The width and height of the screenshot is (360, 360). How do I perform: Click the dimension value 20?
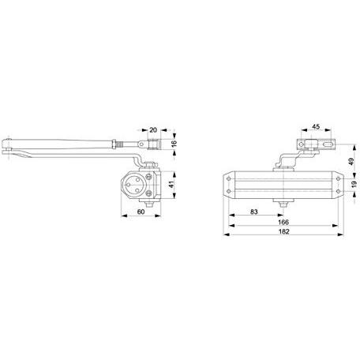pyautogui.click(x=153, y=129)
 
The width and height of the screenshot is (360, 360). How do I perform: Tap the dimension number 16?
pyautogui.click(x=174, y=144)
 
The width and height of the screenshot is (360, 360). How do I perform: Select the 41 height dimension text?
pyautogui.click(x=172, y=185)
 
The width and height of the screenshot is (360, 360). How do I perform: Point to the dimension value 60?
pyautogui.click(x=141, y=212)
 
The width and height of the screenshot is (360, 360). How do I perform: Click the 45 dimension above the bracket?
pyautogui.click(x=316, y=126)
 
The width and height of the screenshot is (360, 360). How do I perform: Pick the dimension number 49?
pyautogui.click(x=351, y=161)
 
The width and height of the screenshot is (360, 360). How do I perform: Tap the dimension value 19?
pyautogui.click(x=354, y=183)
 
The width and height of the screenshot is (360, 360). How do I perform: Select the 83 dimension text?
pyautogui.click(x=254, y=212)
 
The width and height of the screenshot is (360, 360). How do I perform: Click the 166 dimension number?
pyautogui.click(x=283, y=222)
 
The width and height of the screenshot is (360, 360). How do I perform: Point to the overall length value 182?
pyautogui.click(x=283, y=231)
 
